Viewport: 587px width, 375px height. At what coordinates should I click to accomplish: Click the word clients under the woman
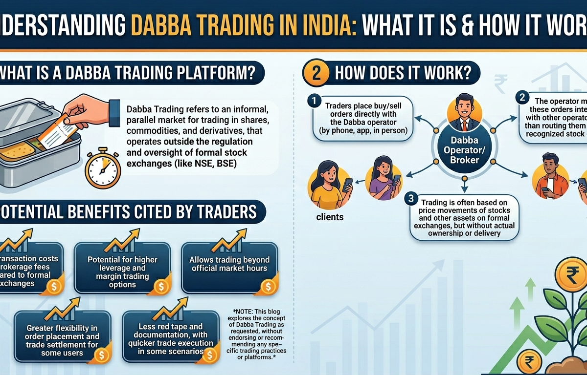pyautogui.click(x=330, y=216)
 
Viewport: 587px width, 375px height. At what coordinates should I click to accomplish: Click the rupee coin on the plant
pyautogui.click(x=567, y=272)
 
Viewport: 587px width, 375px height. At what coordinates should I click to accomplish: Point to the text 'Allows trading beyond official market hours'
pyautogui.click(x=229, y=264)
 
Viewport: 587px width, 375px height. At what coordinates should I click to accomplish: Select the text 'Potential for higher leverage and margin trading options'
pyautogui.click(x=123, y=271)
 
